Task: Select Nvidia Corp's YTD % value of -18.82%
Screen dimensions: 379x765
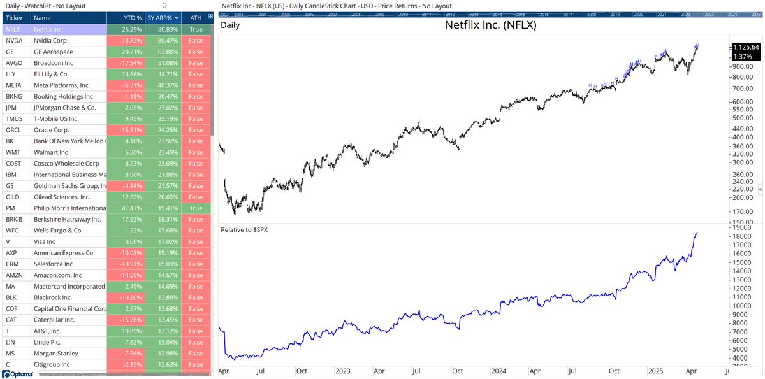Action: pos(126,40)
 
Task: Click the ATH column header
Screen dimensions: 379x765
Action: pos(196,18)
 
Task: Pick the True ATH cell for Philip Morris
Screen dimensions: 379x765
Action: pos(196,208)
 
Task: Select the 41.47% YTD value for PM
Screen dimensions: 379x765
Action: pos(126,208)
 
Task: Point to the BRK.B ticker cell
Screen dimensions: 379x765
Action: pos(13,219)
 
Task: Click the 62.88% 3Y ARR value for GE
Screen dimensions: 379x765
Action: pos(163,52)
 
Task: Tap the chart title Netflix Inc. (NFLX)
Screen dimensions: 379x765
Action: pos(490,26)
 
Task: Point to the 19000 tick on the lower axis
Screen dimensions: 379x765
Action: pos(743,228)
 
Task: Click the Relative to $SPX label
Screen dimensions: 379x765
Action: pos(244,229)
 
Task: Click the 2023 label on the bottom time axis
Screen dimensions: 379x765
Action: pos(342,370)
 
